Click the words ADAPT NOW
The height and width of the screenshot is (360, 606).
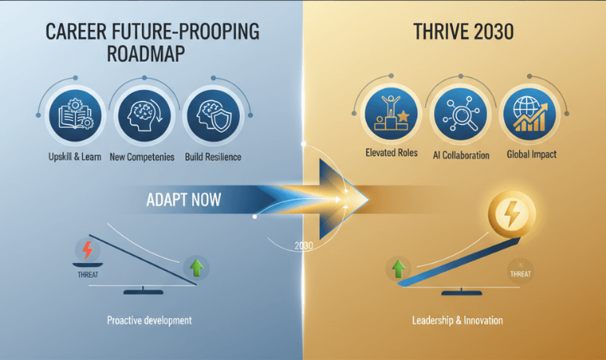184,200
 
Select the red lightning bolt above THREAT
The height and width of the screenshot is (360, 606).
88,250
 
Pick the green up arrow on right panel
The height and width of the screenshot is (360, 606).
399,268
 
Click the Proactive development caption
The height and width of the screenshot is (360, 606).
149,321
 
